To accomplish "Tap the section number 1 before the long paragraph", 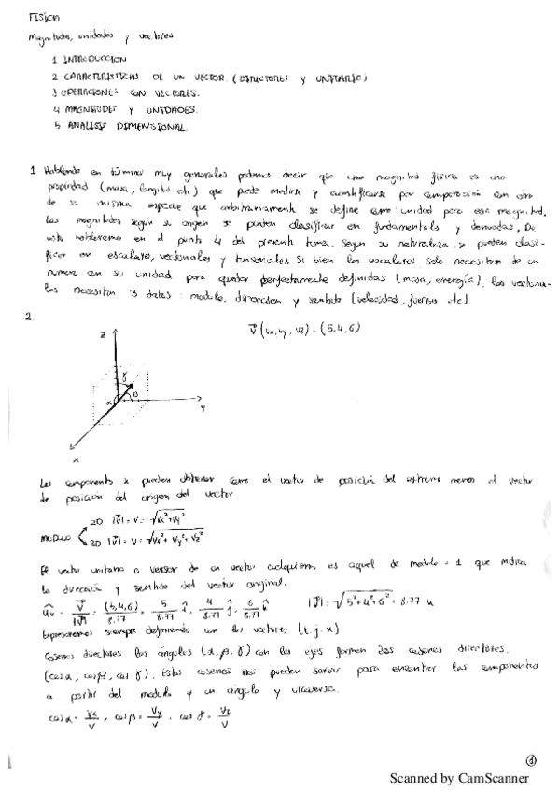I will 33,171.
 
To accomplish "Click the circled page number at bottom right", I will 530,759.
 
